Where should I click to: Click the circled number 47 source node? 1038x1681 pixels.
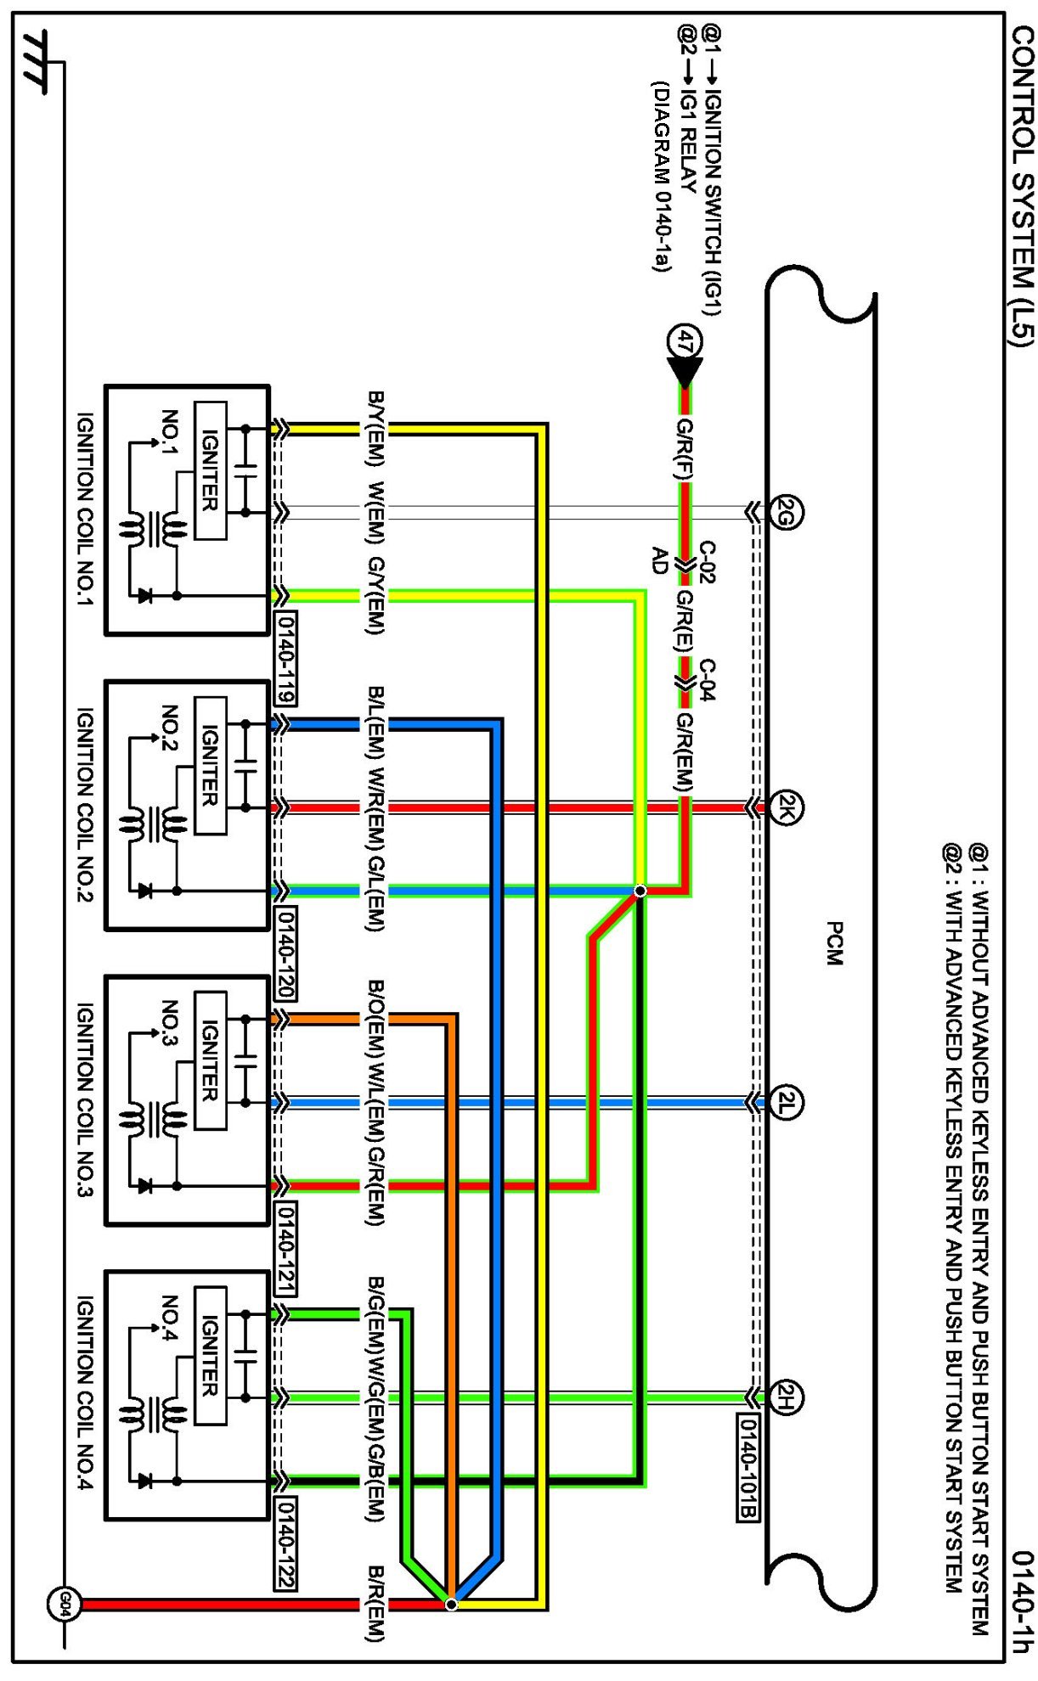(x=685, y=342)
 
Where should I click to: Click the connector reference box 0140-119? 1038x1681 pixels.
(x=285, y=656)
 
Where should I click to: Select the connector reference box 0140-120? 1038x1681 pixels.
(x=285, y=952)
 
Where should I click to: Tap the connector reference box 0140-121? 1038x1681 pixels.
(x=285, y=1247)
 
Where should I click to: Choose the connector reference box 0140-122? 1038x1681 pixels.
(x=285, y=1542)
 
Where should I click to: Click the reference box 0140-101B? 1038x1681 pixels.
(x=748, y=1466)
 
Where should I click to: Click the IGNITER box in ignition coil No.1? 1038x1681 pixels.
(x=210, y=470)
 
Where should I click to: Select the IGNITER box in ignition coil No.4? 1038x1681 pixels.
(x=210, y=1355)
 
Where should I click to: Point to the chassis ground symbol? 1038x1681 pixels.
(x=37, y=61)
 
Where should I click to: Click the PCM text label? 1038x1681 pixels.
(x=834, y=943)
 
